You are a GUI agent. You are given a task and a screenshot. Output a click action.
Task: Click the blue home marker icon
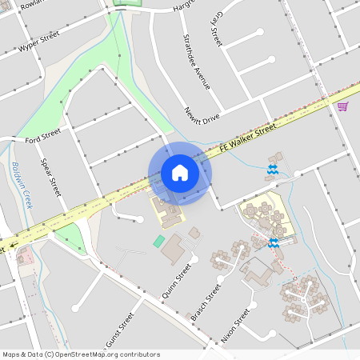click(x=180, y=173)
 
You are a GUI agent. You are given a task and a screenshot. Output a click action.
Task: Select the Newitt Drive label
click(x=201, y=115)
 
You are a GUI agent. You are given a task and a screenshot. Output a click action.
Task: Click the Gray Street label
click(x=215, y=27)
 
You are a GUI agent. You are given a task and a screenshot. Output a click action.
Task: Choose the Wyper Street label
click(x=39, y=42)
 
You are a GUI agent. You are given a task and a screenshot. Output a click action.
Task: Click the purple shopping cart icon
click(x=342, y=106)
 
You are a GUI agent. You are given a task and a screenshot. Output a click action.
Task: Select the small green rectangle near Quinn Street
click(x=158, y=240)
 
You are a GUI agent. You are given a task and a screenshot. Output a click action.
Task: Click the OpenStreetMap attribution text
click(x=81, y=354)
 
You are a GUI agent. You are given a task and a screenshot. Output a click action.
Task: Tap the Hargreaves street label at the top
click(x=183, y=6)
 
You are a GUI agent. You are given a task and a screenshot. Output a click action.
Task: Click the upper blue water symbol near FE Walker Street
click(x=272, y=170)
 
